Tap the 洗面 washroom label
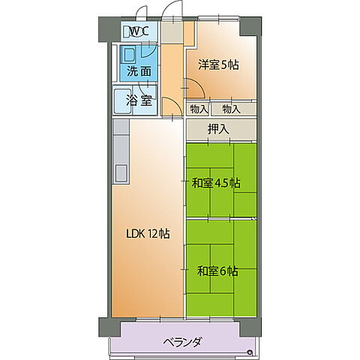[139, 72]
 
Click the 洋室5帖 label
[218, 64]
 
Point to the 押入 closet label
[218, 128]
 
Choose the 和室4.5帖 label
[215, 182]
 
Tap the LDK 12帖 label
[147, 233]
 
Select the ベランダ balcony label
[181, 343]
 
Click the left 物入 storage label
[199, 109]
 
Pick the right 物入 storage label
[231, 109]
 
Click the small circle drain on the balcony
[250, 351]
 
